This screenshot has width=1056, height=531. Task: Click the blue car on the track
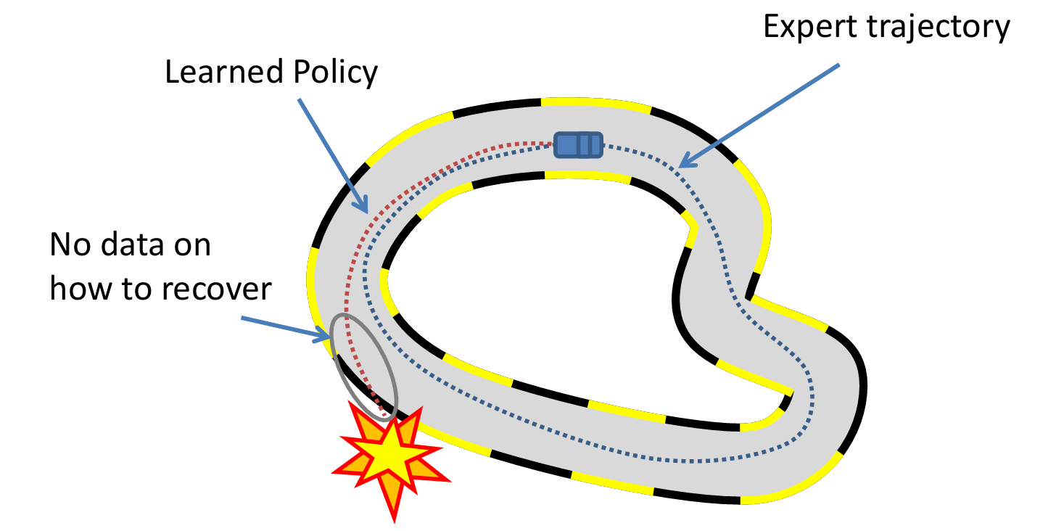pyautogui.click(x=578, y=144)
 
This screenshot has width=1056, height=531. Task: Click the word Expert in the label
pyautogui.click(x=811, y=27)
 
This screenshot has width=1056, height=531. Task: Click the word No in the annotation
pyautogui.click(x=70, y=244)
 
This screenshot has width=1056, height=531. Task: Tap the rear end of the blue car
pyautogui.click(x=596, y=144)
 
